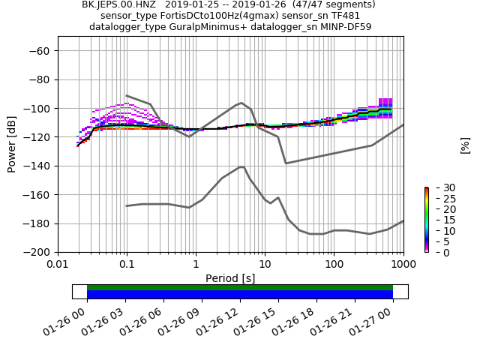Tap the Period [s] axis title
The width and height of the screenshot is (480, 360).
coord(230,278)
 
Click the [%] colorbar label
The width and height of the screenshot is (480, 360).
coord(465,145)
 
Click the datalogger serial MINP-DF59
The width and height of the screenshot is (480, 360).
coord(338,27)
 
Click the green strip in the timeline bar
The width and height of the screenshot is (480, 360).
coord(240,287)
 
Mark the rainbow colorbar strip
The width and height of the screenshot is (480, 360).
coord(426,220)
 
